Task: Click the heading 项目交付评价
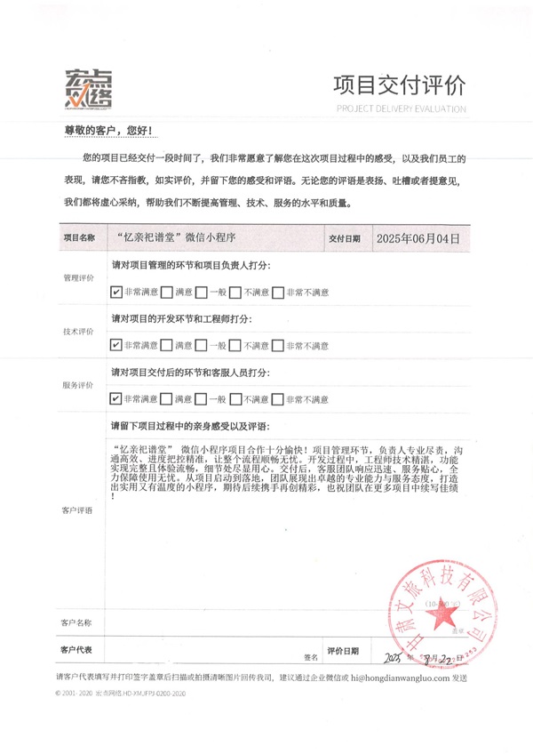click(x=398, y=86)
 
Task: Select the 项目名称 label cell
click(x=78, y=238)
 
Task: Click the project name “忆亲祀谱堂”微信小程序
click(x=179, y=238)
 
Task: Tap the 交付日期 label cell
click(x=344, y=238)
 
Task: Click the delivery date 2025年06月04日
click(x=418, y=238)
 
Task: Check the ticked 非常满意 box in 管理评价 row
click(x=116, y=292)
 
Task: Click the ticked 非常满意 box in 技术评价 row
click(x=116, y=345)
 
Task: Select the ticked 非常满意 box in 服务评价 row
click(x=116, y=399)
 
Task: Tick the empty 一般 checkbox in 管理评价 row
click(x=202, y=292)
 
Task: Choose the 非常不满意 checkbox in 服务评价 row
click(x=278, y=399)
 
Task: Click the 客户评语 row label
click(x=77, y=510)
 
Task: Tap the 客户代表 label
click(x=77, y=650)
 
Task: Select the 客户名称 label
click(x=77, y=622)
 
